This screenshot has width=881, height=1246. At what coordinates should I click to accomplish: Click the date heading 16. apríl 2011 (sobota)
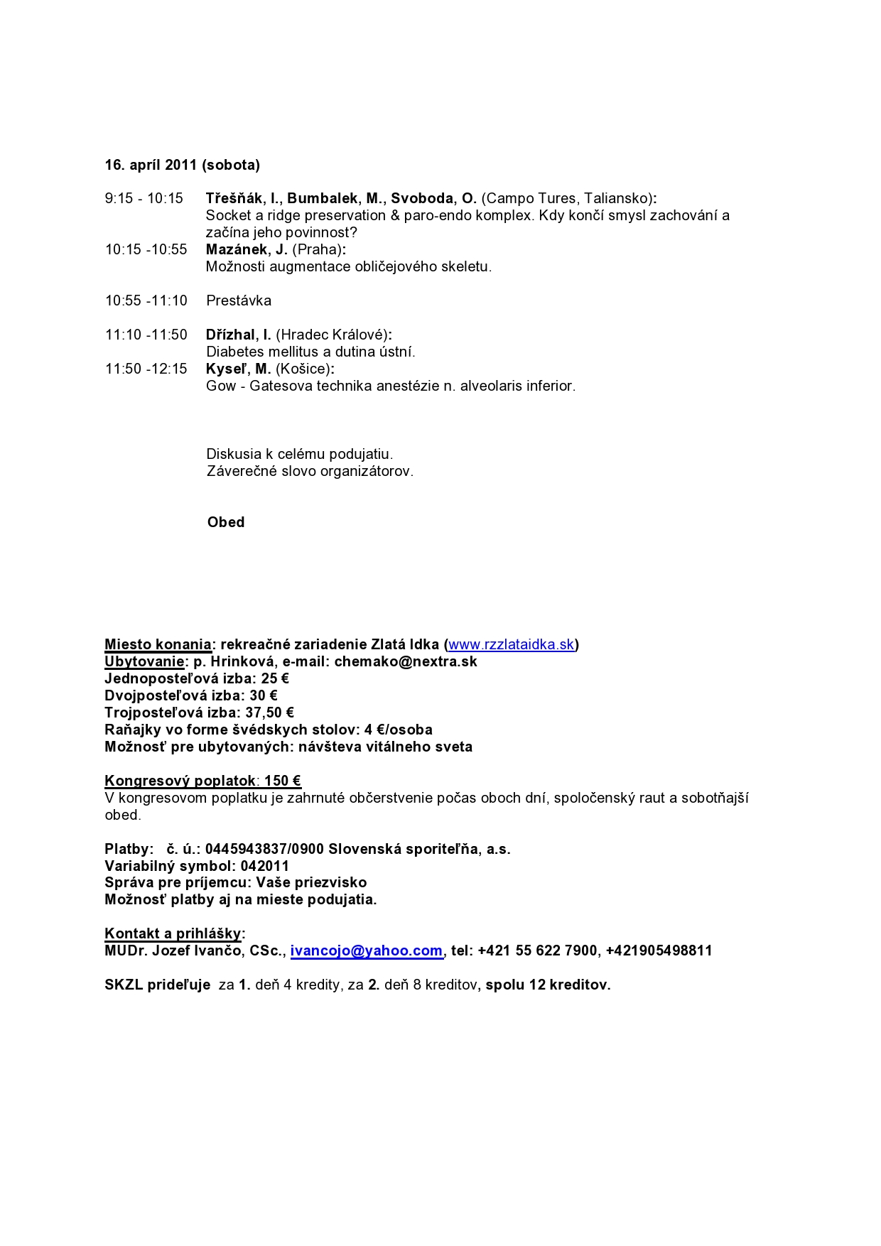tap(182, 165)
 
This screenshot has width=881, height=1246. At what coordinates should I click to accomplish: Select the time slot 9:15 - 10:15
tap(144, 198)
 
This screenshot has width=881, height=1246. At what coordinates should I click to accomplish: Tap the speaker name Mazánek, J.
tap(247, 249)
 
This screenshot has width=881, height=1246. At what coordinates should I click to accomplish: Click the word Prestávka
tap(239, 300)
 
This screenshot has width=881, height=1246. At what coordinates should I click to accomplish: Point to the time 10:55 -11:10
tap(146, 300)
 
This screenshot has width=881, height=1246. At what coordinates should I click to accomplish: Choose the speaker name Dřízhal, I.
tap(239, 335)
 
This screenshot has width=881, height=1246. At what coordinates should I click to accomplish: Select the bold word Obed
tap(226, 522)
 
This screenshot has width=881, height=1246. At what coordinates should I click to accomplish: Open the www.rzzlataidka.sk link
tap(511, 644)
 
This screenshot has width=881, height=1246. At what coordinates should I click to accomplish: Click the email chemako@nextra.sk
tap(406, 661)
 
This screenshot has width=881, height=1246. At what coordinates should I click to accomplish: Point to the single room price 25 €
tap(275, 678)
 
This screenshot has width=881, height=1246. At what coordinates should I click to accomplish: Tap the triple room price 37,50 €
tap(269, 713)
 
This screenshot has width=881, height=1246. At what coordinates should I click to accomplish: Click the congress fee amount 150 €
tap(283, 781)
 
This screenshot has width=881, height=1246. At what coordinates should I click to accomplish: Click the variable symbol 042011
tap(265, 866)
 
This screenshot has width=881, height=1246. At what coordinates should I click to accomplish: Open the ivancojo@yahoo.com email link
tap(367, 950)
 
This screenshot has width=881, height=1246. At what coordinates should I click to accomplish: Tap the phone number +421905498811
tap(659, 950)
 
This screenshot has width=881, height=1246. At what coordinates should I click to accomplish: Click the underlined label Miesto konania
tap(158, 644)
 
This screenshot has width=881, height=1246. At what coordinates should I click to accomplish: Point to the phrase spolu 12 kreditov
tap(548, 985)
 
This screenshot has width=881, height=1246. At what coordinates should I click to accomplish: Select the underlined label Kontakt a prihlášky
tap(173, 933)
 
